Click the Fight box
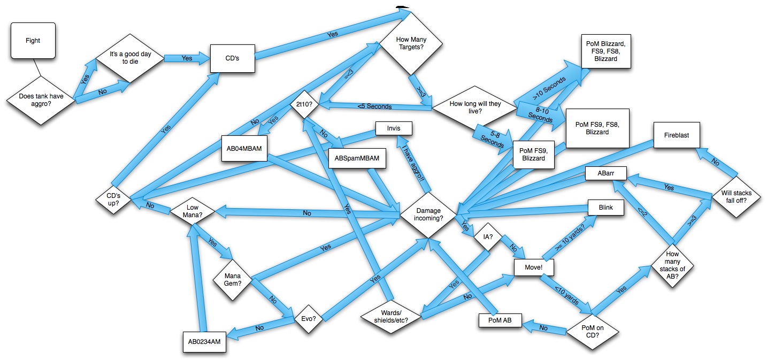pyautogui.click(x=33, y=41)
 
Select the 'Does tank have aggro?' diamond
pyautogui.click(x=41, y=99)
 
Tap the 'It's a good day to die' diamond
pyautogui.click(x=129, y=58)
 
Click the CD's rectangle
pyautogui.click(x=233, y=58)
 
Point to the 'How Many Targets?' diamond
pyautogui.click(x=411, y=43)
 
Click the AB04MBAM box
pyautogui.click(x=244, y=148)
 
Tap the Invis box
pyautogui.click(x=393, y=128)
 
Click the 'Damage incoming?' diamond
pyautogui.click(x=428, y=215)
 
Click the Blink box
pyautogui.click(x=606, y=207)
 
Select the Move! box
pyautogui.click(x=533, y=266)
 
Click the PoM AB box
pyautogui.click(x=498, y=320)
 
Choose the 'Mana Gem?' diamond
pyautogui.click(x=232, y=280)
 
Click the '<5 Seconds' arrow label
pyautogui.click(x=374, y=106)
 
